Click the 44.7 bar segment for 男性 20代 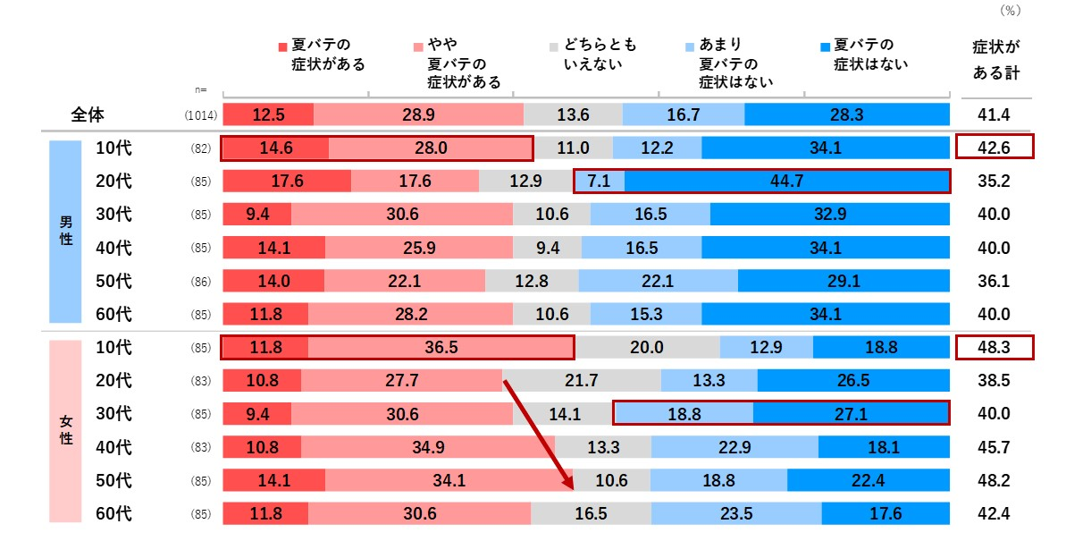click(x=786, y=181)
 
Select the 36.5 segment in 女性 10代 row click(x=441, y=347)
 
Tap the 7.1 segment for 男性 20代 click(x=599, y=181)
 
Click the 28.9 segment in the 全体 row click(x=418, y=114)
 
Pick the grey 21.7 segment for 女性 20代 click(x=581, y=380)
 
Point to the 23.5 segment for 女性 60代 click(x=736, y=513)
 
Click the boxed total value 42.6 click(x=994, y=148)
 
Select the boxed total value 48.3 click(x=994, y=347)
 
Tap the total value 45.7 click(x=994, y=446)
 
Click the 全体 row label click(x=89, y=114)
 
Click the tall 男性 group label click(x=65, y=230)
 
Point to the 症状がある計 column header click(x=995, y=59)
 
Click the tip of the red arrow click(x=571, y=489)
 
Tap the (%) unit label click(x=1009, y=11)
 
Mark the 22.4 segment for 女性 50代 click(x=868, y=480)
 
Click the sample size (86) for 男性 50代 click(x=201, y=281)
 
